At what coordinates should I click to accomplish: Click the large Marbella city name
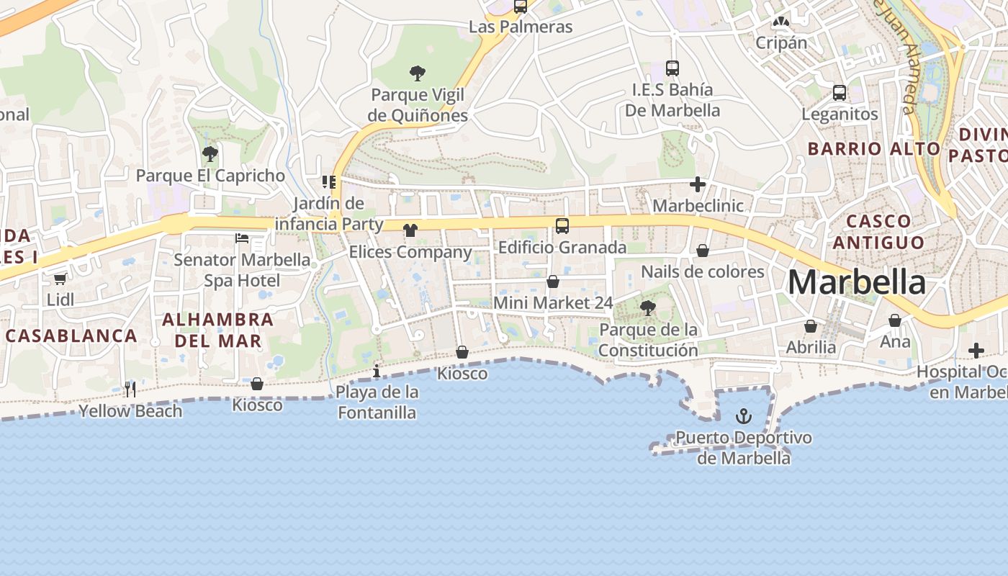pos(856,282)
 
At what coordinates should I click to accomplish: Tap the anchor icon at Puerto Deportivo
pos(743,416)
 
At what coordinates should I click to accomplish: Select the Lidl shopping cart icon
pos(60,279)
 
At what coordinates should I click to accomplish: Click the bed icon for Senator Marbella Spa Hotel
pos(242,238)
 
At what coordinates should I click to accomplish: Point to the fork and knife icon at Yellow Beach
pos(130,390)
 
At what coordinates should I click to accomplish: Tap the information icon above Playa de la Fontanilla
pos(377,371)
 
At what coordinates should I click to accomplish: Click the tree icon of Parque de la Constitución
pos(648,308)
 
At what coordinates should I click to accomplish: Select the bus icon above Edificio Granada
pos(562,226)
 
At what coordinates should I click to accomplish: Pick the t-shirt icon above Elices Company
pos(410,230)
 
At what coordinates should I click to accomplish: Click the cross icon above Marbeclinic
pos(697,184)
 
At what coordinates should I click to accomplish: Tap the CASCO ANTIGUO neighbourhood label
pos(878,231)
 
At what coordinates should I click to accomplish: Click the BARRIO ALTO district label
pos(873,149)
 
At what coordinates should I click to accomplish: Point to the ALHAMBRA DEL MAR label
pos(217,330)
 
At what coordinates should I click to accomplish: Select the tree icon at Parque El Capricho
pos(210,153)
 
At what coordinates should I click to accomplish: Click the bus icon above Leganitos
pos(840,92)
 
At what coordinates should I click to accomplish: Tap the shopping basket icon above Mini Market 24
pos(553,282)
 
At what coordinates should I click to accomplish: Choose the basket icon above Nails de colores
pos(702,251)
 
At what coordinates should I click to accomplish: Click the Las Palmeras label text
pos(521,27)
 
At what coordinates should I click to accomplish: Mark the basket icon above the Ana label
pos(895,320)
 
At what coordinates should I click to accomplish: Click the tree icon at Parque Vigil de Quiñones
pos(417,73)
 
